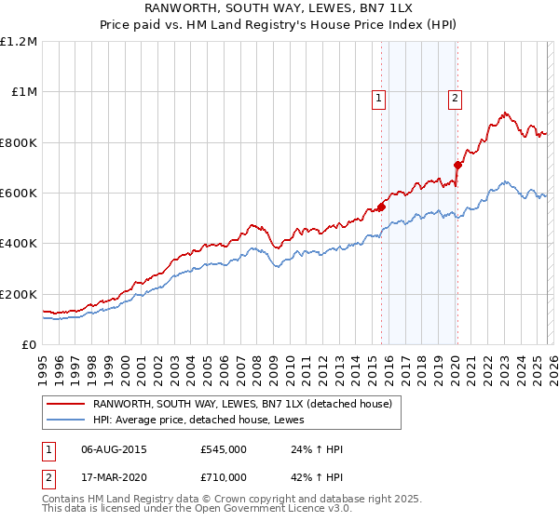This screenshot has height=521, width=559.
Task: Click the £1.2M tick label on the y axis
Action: (x=19, y=42)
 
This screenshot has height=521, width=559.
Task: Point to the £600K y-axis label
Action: (x=19, y=194)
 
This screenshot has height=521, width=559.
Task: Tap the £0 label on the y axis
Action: (x=29, y=345)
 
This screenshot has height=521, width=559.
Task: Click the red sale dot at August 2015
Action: (x=381, y=207)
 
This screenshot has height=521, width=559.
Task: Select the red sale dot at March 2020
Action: (x=457, y=166)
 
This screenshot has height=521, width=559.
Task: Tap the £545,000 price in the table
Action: (x=224, y=449)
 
